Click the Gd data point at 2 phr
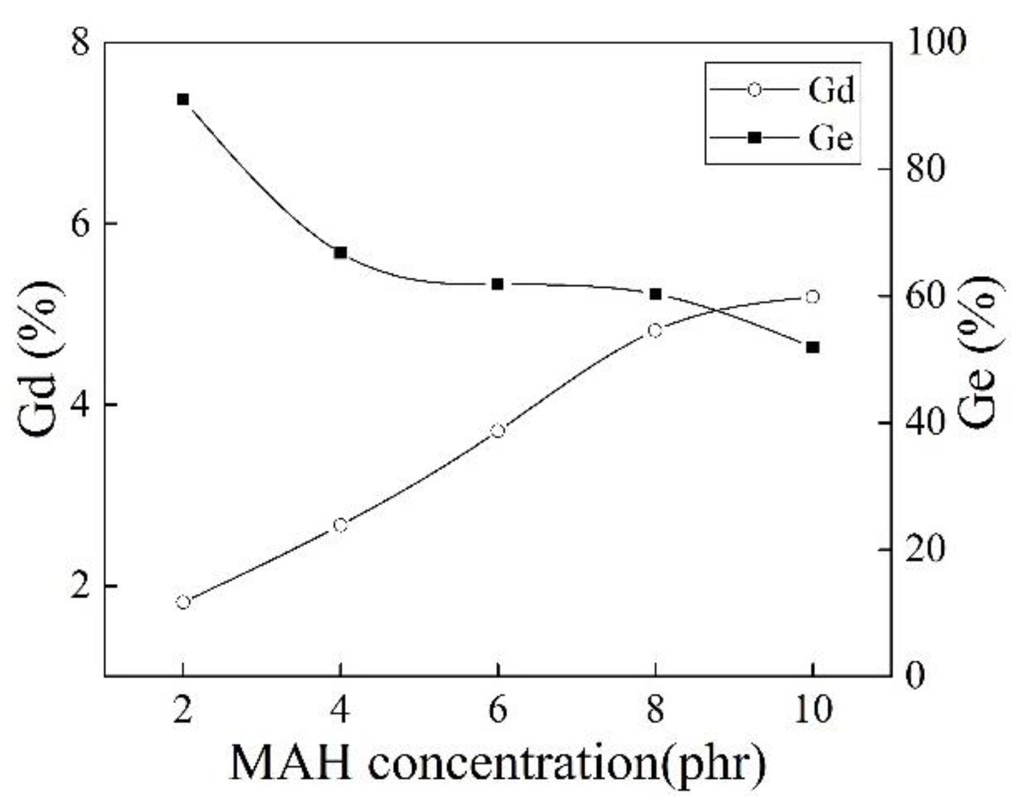coord(183,602)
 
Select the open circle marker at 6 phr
coord(498,431)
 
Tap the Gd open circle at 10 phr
coord(813,297)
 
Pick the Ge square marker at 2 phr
coord(183,100)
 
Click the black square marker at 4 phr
coord(340,253)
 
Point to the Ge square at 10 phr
coord(813,348)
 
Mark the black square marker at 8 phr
coord(656,294)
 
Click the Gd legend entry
coord(782,90)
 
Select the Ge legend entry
coord(782,138)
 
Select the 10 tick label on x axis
coord(813,710)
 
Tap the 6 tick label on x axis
coord(498,710)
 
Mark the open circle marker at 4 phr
coord(340,525)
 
